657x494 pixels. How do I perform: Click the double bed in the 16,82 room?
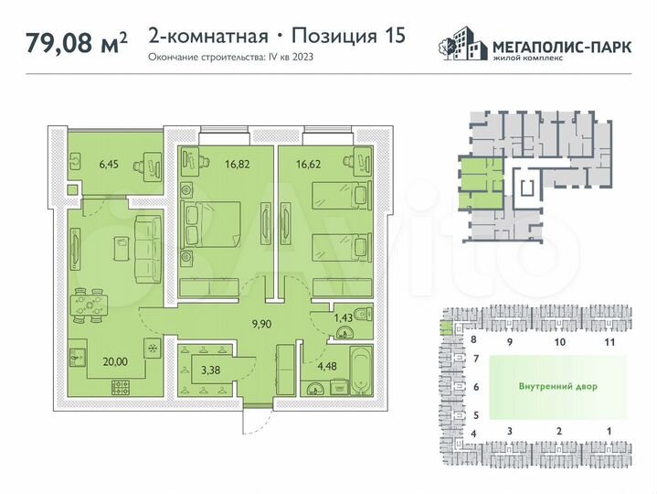[211, 224]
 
